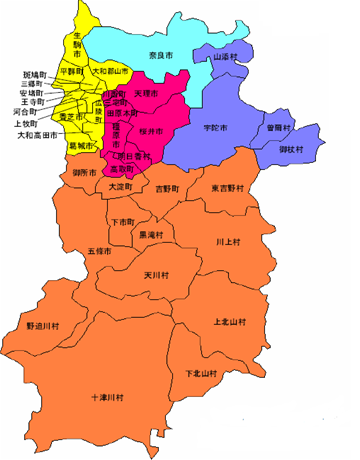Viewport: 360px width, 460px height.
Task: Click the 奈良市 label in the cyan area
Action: pyautogui.click(x=157, y=53)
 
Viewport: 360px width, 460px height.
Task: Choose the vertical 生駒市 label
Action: pyautogui.click(x=77, y=47)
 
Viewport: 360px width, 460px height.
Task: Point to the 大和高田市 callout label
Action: pyautogui.click(x=37, y=134)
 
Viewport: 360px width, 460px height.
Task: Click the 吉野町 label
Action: pyautogui.click(x=166, y=187)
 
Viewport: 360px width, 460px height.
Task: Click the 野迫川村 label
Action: pyautogui.click(x=42, y=326)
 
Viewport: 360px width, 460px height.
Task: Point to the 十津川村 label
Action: pyautogui.click(x=107, y=397)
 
